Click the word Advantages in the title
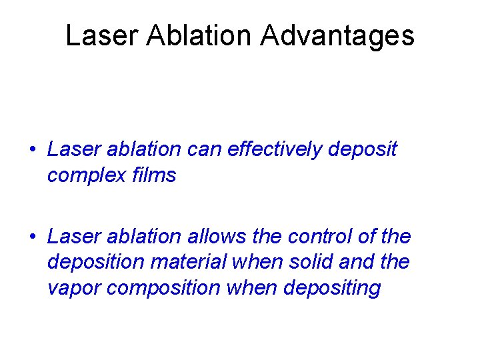pos(337,36)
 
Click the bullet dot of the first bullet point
pos(33,150)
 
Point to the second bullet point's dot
pos(33,237)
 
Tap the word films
pos(154,175)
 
